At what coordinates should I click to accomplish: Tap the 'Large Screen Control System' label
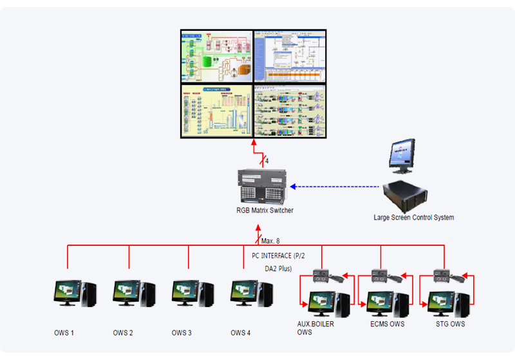[x=413, y=218]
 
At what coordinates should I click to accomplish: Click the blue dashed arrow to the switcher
[x=335, y=187]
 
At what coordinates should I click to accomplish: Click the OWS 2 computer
[x=134, y=293]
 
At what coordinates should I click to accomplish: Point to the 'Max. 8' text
[x=270, y=241]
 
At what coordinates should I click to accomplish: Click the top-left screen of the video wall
[x=216, y=56]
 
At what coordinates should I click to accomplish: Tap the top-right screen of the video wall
[x=289, y=56]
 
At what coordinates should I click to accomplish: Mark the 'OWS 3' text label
[x=182, y=333]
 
